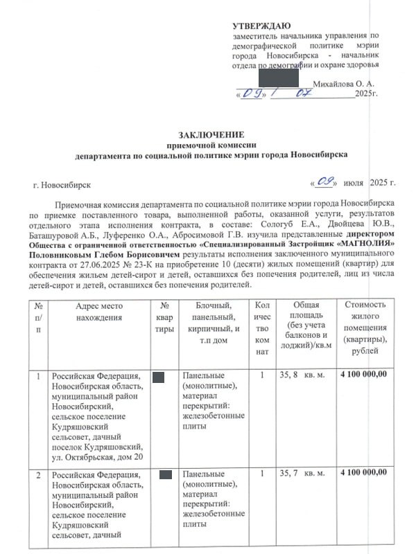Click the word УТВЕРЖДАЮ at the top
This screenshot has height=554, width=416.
261,26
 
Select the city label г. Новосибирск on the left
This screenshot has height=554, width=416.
62,186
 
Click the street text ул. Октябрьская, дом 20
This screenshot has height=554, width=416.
98,456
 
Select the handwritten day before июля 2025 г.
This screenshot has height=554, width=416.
324,183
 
